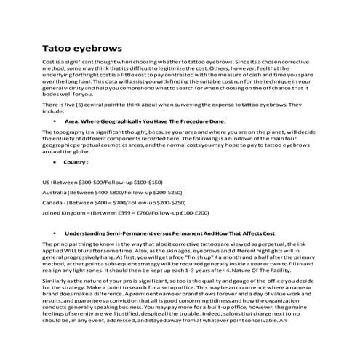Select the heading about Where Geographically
click(145, 121)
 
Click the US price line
click(103, 182)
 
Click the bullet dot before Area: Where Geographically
click(55, 121)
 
